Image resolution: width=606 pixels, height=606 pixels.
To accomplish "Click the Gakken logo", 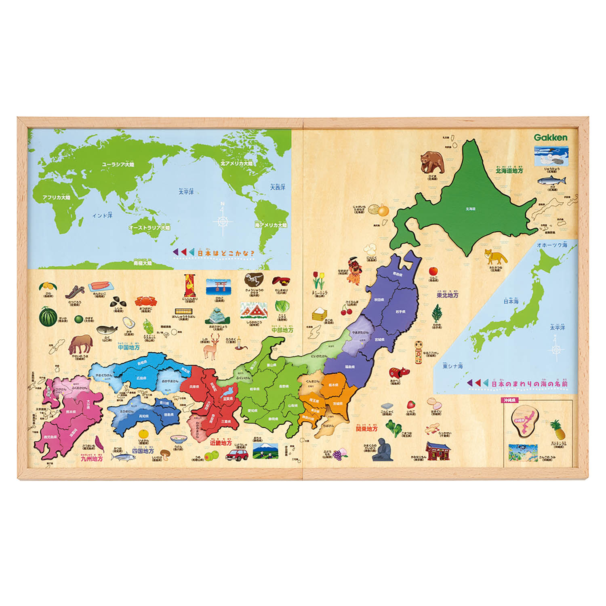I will click(x=550, y=137).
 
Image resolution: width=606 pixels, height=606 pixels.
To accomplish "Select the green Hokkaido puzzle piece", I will click(x=469, y=202).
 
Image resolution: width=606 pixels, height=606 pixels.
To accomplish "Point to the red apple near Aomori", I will click(x=433, y=270).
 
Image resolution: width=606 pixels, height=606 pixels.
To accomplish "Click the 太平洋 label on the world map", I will click(x=186, y=191).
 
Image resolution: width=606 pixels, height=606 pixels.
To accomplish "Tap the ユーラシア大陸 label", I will click(x=118, y=164).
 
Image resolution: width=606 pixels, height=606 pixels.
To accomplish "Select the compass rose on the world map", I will click(x=223, y=220).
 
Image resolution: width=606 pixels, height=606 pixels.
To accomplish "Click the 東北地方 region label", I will click(x=447, y=295).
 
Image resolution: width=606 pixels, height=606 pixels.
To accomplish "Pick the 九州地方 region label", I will click(x=92, y=459).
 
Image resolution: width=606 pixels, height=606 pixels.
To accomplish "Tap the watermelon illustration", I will click(x=48, y=316).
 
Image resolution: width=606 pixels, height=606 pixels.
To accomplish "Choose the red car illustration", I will click(x=237, y=455).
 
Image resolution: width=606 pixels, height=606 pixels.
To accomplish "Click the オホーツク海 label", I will click(x=551, y=245).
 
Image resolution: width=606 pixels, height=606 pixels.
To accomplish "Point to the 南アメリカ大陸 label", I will click(x=271, y=225).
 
